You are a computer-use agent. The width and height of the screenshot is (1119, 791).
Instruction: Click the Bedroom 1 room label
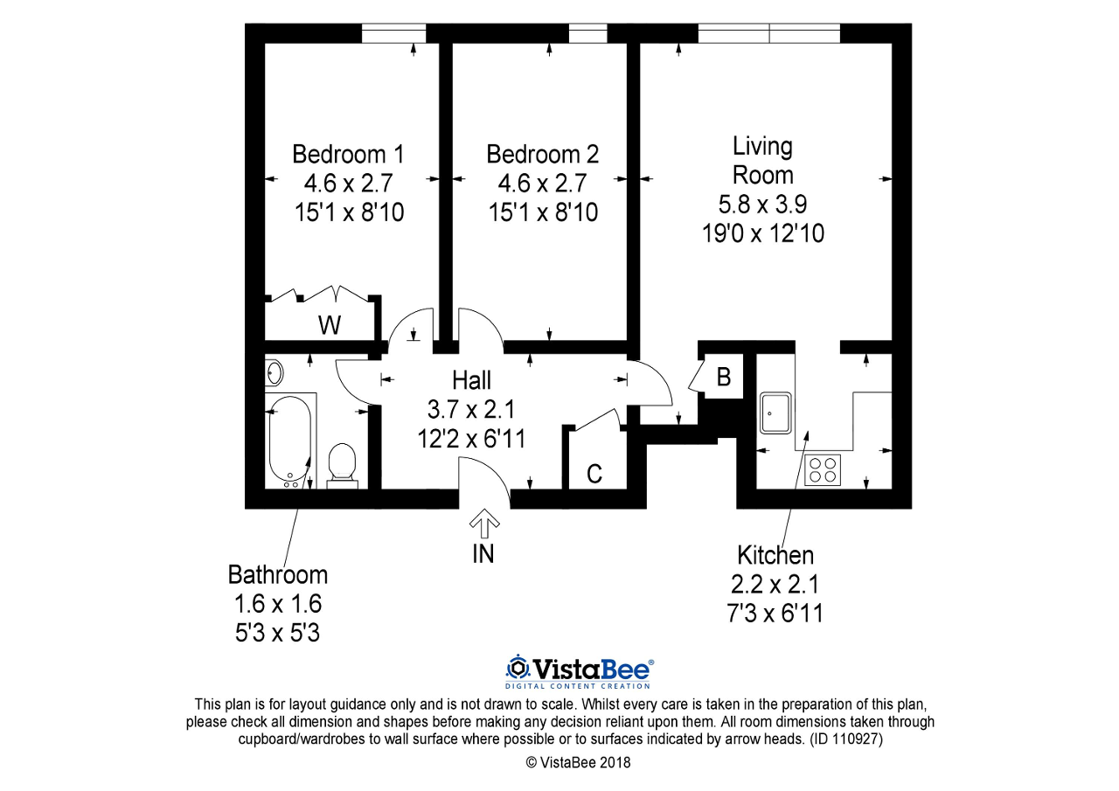point(348,155)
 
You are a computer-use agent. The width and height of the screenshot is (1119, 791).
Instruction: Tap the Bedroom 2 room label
point(543,155)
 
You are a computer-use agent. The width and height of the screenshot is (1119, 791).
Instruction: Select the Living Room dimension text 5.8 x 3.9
point(763,205)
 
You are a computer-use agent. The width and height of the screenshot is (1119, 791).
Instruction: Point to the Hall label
point(471,380)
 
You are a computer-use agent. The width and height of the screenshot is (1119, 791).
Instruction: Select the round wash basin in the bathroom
point(275,372)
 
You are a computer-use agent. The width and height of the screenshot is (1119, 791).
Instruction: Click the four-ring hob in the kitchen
point(823,470)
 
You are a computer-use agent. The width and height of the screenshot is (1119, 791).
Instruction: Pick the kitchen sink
point(775,413)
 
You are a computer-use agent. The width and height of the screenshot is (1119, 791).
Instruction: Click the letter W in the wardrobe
point(330,326)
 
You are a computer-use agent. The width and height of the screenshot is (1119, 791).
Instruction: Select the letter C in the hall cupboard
point(594,474)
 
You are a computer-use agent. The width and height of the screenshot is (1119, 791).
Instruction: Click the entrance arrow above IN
point(484,524)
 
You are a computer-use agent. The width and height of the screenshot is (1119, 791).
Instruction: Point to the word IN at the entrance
point(483,554)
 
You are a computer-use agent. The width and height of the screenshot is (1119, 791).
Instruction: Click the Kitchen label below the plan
point(775,555)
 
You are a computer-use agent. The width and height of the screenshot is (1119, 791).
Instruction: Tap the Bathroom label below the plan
point(278,575)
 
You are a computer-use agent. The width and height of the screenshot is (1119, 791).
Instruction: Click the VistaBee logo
point(580,672)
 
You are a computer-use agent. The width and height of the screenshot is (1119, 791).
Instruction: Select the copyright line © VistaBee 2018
point(579,762)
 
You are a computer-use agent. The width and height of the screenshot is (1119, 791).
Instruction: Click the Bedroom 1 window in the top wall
point(393,33)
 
